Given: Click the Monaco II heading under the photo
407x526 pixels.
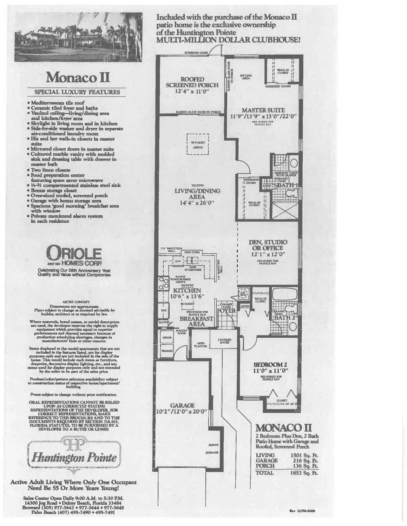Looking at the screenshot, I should pyautogui.click(x=77, y=77).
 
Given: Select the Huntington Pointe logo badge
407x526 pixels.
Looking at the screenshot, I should pyautogui.click(x=74, y=452).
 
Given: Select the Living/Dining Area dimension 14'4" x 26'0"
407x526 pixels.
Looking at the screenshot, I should pyautogui.click(x=197, y=202).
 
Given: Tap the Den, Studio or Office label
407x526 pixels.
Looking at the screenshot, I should pyautogui.click(x=268, y=245).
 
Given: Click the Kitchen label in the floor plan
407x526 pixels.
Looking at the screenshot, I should pyautogui.click(x=187, y=290).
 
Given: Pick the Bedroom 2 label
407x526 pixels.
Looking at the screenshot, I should pyautogui.click(x=270, y=364).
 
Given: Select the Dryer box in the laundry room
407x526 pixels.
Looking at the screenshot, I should pyautogui.click(x=167, y=338).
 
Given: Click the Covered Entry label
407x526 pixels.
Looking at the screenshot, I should pyautogui.click(x=224, y=341).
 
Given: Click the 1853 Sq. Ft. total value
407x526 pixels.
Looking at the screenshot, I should pyautogui.click(x=304, y=473).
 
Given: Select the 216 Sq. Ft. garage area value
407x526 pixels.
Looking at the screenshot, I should pyautogui.click(x=304, y=460).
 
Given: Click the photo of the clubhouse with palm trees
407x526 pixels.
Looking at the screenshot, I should pyautogui.click(x=78, y=37).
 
